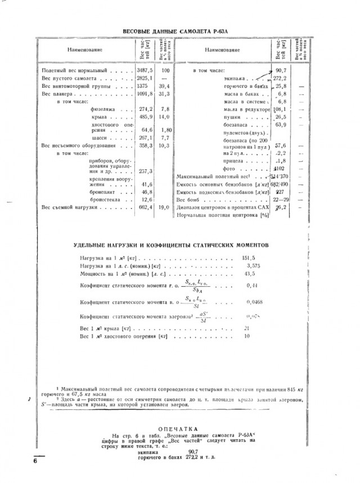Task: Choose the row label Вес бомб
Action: tap(187, 200)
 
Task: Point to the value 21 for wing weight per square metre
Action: tap(246, 328)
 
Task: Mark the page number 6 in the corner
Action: tap(35, 462)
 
